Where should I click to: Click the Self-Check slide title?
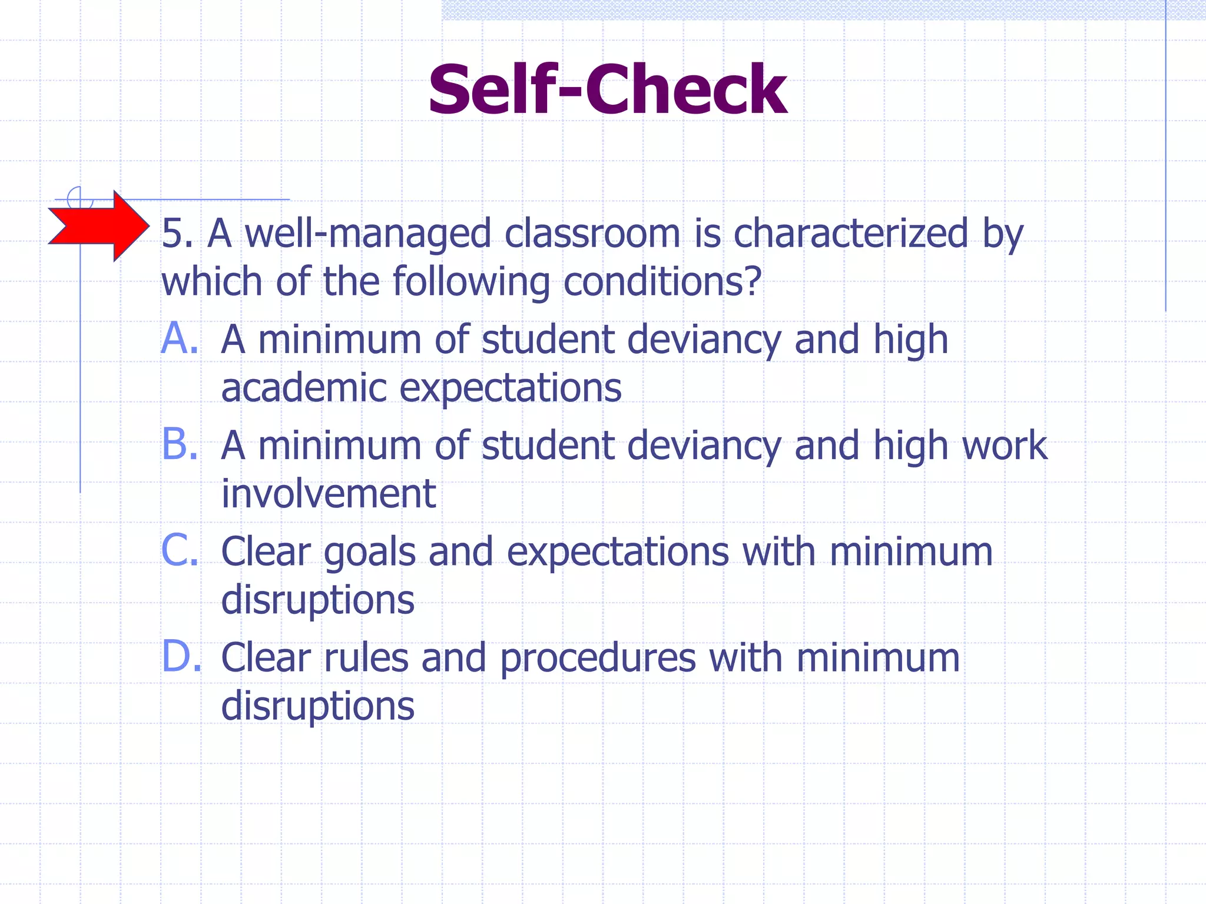point(607,89)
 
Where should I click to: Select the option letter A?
point(179,339)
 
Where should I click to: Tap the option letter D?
point(180,657)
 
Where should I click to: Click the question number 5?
point(177,233)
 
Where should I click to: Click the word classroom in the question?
point(592,233)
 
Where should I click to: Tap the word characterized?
point(850,233)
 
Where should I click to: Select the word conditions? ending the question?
point(662,281)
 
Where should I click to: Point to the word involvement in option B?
point(329,493)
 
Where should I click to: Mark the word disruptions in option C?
point(318,600)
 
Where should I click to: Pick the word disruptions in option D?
point(318,706)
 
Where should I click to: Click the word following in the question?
point(471,281)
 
